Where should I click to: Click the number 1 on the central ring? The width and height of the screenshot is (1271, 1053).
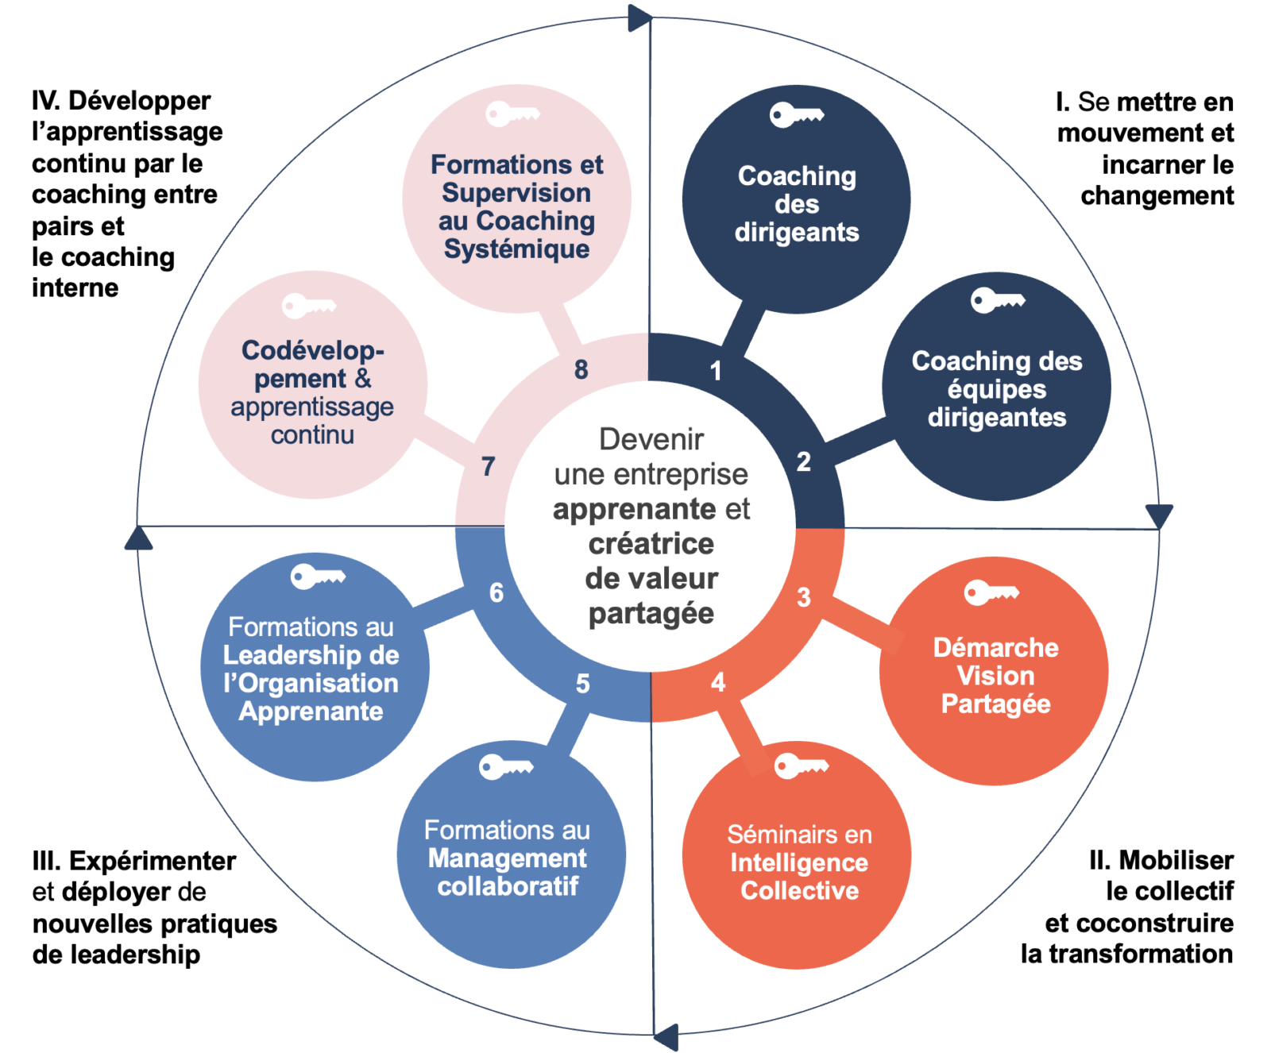tap(716, 370)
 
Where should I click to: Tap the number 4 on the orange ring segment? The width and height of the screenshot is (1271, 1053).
tap(718, 682)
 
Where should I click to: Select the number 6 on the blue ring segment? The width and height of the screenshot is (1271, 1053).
tap(496, 592)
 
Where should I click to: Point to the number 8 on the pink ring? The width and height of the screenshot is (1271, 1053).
tap(581, 369)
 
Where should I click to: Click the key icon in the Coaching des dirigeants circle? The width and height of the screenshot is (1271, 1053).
tap(796, 115)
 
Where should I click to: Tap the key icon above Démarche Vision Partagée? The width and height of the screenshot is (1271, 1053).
tap(991, 592)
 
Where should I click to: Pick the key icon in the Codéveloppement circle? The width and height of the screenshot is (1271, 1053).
tap(309, 306)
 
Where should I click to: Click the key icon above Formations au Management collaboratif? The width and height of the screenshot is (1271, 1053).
tap(506, 767)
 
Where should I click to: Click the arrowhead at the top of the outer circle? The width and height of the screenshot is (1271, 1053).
tap(639, 17)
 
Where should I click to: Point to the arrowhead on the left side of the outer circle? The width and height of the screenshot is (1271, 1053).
tap(139, 538)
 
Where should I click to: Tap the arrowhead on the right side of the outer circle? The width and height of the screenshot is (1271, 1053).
tap(1159, 516)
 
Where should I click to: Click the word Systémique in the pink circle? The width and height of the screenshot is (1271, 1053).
tap(516, 249)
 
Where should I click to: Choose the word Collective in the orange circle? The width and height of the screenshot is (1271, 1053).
tap(799, 891)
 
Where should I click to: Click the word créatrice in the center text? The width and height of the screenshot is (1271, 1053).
tap(651, 544)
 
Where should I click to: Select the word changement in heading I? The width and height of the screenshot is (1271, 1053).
tap(1157, 195)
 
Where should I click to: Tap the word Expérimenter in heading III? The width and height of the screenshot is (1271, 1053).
tap(153, 861)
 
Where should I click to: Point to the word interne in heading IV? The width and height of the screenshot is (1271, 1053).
tap(75, 287)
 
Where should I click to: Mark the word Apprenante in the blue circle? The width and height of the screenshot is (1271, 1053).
tap(311, 712)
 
